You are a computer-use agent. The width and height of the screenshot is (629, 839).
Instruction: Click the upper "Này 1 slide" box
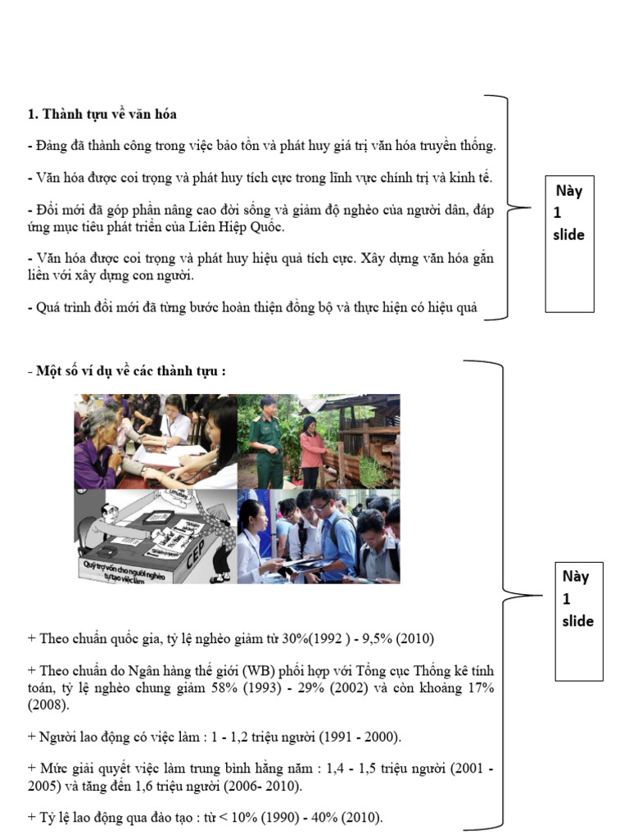[x=569, y=243]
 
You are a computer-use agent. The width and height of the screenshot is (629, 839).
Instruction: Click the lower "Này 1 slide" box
[x=578, y=621]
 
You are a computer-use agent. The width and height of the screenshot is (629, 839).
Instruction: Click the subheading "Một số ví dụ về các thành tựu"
[x=130, y=371]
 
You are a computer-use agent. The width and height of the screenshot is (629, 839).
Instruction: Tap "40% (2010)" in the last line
[x=345, y=818]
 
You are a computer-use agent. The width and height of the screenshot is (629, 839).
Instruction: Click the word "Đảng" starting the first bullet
[x=51, y=146]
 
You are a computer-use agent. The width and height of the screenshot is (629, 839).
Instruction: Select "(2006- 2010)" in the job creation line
[x=263, y=787]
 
